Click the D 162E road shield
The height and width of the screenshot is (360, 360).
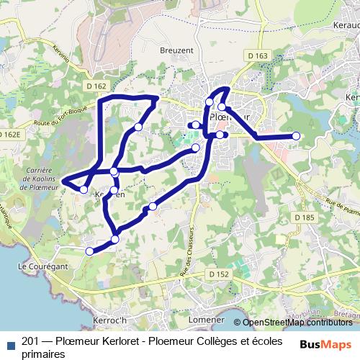point(12,134)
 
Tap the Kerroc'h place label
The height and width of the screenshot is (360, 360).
point(110,319)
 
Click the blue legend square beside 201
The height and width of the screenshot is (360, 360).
point(9,343)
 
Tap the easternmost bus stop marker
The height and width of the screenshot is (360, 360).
point(295,135)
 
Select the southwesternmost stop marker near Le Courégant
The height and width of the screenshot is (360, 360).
point(90,251)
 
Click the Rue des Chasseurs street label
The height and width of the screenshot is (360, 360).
point(188,249)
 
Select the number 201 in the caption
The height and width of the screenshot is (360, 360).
point(31,341)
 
